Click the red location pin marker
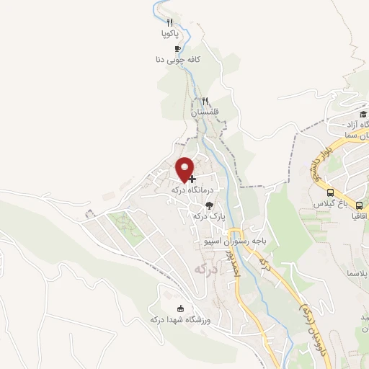(184, 169)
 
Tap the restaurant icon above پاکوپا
(169, 22)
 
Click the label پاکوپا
(169, 33)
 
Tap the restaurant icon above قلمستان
(205, 102)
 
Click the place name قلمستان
(205, 113)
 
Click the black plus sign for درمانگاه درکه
(192, 178)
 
